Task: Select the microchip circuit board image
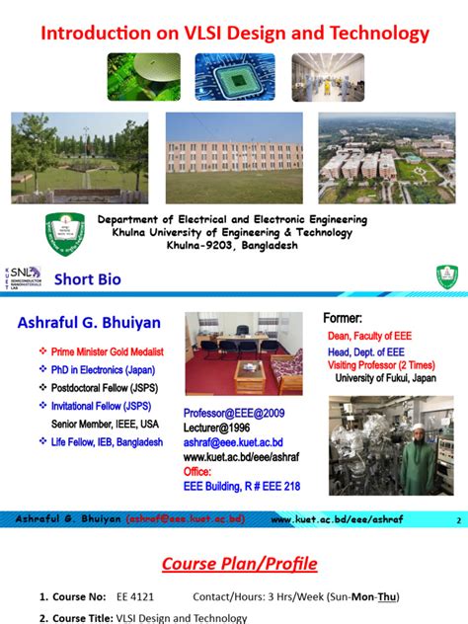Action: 234,77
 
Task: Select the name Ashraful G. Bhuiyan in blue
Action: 88,323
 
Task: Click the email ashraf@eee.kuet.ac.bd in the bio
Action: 234,443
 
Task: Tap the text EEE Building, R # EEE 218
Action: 242,486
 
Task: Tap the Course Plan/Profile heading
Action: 240,564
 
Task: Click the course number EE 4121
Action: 135,597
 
